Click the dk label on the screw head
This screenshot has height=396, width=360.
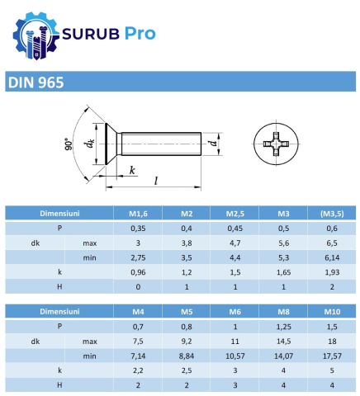[x=90, y=144]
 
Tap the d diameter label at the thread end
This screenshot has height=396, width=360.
[x=214, y=144]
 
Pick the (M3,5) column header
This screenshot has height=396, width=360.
[x=333, y=213]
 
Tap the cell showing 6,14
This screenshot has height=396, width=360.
[x=333, y=257]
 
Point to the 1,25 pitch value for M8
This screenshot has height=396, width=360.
[x=284, y=327]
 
